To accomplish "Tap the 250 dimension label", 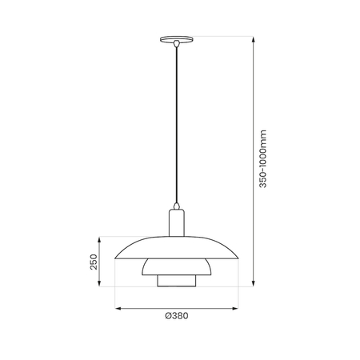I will [94, 261].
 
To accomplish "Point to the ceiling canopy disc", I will [175, 40].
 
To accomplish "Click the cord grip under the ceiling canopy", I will [175, 46].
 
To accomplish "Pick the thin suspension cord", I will [175, 120].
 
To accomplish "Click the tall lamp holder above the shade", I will [176, 220].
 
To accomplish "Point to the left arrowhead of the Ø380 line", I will [117, 307].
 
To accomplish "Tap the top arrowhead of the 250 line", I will [102, 238].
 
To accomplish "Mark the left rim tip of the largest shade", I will [116, 258].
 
